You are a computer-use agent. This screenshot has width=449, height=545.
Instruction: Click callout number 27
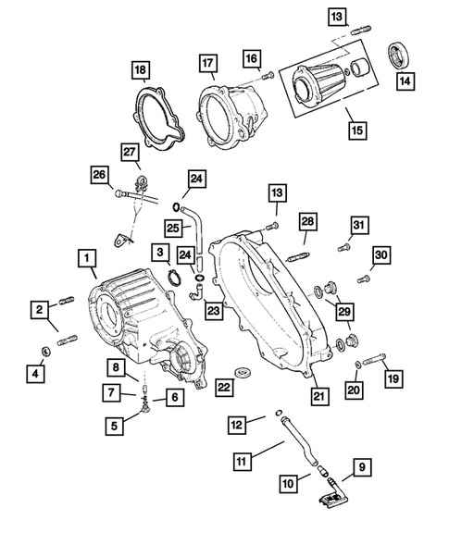point(130,152)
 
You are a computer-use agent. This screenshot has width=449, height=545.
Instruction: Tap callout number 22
point(223,385)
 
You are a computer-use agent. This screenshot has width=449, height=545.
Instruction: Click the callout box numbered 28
point(307,222)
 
